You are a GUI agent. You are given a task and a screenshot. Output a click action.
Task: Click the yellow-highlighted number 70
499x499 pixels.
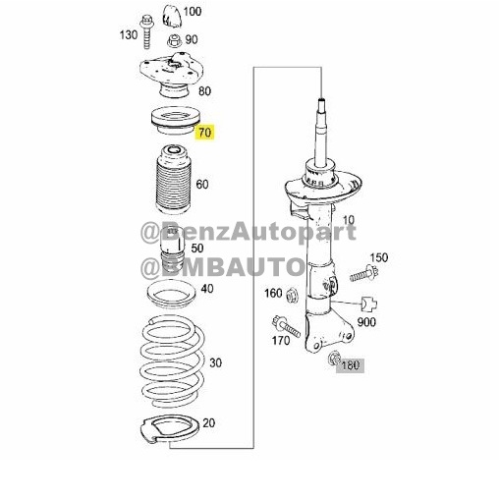205,133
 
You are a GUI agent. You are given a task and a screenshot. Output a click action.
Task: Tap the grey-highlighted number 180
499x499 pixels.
351,365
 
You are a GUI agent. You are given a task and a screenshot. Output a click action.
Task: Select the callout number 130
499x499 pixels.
129,34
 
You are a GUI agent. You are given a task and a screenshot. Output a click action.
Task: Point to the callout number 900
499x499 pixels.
366,322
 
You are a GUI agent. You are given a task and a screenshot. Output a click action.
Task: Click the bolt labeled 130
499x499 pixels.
146,32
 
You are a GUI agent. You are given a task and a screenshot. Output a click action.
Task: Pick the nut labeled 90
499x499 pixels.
175,41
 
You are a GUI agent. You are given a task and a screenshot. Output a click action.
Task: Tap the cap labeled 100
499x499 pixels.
172,16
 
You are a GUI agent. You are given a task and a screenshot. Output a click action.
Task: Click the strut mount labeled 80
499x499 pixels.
171,75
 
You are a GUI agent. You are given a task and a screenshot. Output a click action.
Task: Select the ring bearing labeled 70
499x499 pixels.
175,121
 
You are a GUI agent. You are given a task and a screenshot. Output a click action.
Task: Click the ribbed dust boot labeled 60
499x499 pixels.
173,179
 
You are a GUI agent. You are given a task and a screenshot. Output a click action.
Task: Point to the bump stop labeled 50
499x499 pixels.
172,252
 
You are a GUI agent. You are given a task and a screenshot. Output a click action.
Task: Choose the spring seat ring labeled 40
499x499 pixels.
171,295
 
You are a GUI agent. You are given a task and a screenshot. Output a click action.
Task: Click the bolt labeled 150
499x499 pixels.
364,274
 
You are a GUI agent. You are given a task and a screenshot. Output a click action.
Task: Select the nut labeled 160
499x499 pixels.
292,296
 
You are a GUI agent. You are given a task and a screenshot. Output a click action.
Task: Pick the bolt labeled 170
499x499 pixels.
286,326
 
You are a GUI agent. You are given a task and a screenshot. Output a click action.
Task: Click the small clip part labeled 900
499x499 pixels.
368,305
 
